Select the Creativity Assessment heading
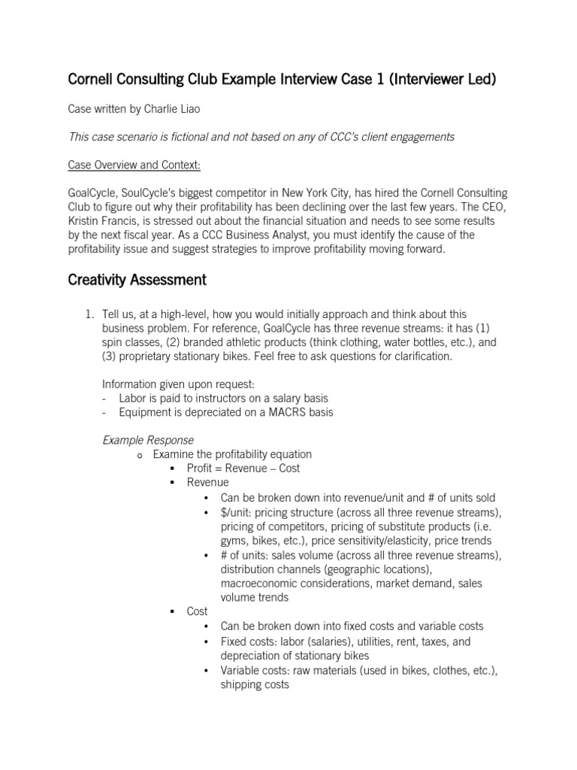pyautogui.click(x=137, y=280)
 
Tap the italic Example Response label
pyautogui.click(x=147, y=440)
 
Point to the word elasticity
pyautogui.click(x=409, y=540)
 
